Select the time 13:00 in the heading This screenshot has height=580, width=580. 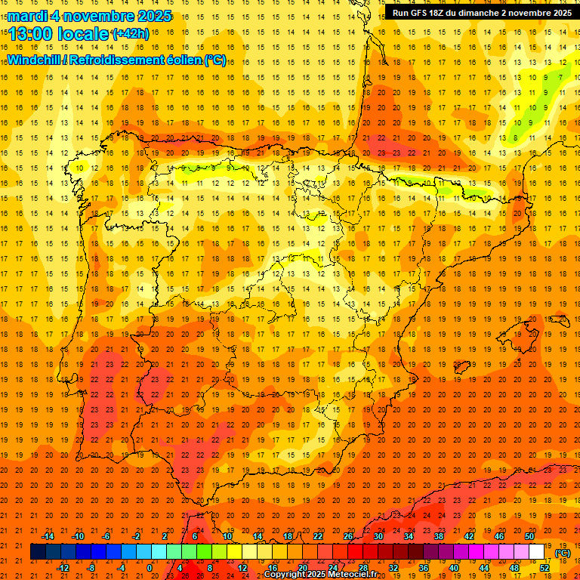pos(31,34)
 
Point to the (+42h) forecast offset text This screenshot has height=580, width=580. pos(131,34)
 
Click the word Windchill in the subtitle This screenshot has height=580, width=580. pos(35,60)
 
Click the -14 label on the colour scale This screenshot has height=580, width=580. pos(48,536)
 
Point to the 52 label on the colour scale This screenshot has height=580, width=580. pos(545,567)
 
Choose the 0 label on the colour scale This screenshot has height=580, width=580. pos(150,567)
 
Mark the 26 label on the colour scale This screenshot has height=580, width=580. pos(348,536)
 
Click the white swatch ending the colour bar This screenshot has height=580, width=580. pos(537,552)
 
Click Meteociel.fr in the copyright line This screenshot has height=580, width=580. pos(350,575)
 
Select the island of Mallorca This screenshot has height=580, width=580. pos(521,330)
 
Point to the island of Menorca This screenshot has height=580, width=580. pos(560,318)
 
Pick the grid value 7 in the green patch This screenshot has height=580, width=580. pos(560,77)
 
